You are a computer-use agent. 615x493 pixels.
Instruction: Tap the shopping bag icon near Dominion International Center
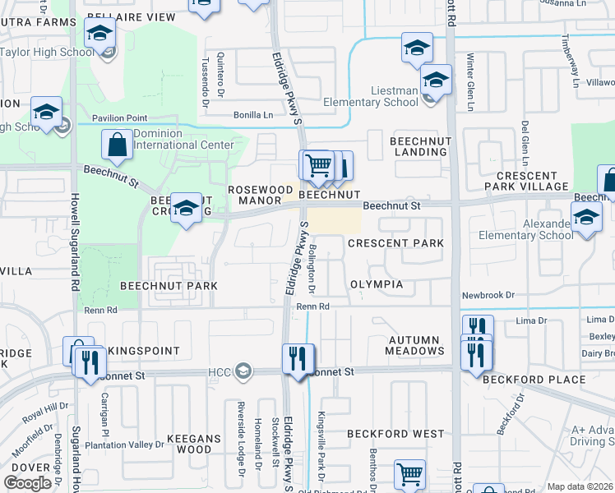tap(117, 145)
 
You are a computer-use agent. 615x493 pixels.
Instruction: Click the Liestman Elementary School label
tap(370, 96)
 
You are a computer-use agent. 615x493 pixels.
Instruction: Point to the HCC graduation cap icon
tap(242, 372)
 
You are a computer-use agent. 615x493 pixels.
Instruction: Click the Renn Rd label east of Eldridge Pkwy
tap(312, 306)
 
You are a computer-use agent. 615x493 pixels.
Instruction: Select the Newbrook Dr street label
tap(488, 295)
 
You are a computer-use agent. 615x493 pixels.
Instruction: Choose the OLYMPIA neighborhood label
tap(377, 284)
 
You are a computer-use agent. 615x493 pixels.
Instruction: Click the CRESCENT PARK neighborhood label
tap(395, 243)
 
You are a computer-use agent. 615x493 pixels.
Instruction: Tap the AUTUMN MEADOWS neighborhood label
tap(415, 345)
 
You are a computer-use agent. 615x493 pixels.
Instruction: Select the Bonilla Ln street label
tap(252, 115)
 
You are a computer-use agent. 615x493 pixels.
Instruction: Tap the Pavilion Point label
tap(119, 118)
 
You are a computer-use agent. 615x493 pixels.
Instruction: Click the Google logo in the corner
tap(28, 482)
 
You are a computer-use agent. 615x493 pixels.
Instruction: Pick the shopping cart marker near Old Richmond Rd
tap(409, 474)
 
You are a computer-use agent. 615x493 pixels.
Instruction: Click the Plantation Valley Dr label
tap(125, 445)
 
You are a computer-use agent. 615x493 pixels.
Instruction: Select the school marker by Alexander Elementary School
tap(586, 219)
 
